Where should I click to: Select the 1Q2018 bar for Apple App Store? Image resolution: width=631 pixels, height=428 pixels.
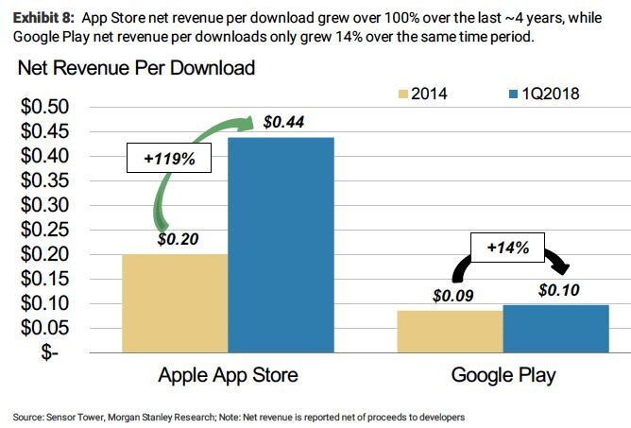click(279, 245)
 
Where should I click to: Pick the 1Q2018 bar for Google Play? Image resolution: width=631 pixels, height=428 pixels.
click(555, 328)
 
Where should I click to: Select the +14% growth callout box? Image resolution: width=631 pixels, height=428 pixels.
click(507, 248)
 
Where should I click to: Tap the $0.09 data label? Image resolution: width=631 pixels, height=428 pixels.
click(454, 296)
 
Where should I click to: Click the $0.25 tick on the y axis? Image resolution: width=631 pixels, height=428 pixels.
click(43, 230)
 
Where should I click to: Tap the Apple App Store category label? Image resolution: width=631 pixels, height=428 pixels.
click(228, 375)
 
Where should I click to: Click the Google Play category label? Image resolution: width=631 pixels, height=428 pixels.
click(503, 375)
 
